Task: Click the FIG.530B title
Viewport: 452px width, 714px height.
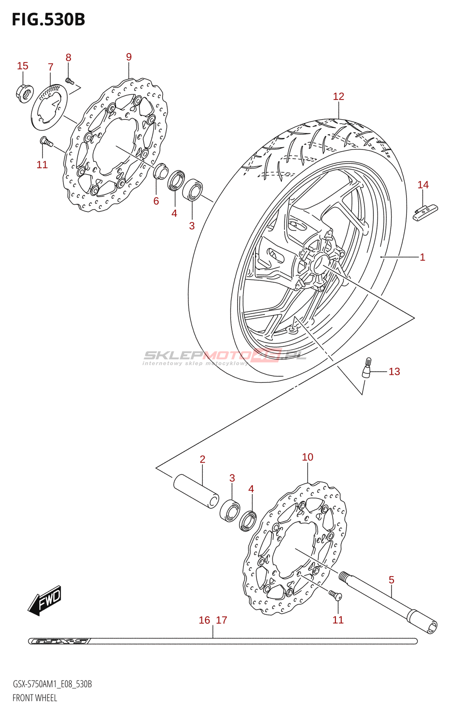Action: tap(48, 20)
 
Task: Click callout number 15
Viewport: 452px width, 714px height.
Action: tap(22, 66)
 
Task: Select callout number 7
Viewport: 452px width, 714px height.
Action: tap(50, 67)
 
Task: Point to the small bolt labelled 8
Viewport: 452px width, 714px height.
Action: tap(69, 81)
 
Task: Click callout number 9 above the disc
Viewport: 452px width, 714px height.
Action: tap(129, 57)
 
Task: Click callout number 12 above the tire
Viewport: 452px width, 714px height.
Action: tap(339, 96)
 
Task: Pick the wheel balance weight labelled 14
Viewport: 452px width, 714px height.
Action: tap(425, 212)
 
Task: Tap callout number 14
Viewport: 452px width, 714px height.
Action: tap(423, 185)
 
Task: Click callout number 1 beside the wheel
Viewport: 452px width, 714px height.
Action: tap(422, 257)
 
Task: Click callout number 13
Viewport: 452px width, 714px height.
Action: tap(394, 372)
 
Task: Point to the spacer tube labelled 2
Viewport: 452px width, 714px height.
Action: tap(196, 491)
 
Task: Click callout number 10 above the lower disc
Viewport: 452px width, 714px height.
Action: tap(307, 457)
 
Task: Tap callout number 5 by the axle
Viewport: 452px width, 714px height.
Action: tap(391, 580)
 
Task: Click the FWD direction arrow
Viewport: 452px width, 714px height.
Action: tap(45, 600)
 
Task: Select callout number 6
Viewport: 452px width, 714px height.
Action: tap(156, 201)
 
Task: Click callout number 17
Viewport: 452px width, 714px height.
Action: tap(222, 620)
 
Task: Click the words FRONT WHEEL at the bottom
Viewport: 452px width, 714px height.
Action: tap(35, 698)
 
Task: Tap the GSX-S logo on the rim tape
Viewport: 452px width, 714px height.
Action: tap(60, 641)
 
